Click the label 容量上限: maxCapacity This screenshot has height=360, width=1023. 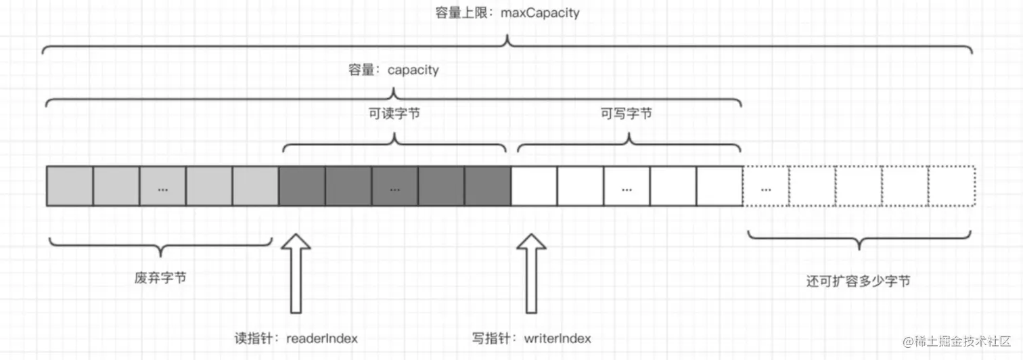(x=507, y=12)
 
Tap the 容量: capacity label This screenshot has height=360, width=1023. (x=393, y=70)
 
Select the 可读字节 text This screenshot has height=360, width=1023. (x=394, y=114)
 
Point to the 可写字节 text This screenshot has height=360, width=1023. (x=627, y=114)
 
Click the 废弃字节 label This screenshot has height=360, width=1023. (x=160, y=279)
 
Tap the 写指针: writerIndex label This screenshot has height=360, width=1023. (x=532, y=338)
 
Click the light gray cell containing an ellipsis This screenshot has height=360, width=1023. (x=162, y=185)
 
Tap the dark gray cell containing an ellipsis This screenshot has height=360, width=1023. (x=394, y=185)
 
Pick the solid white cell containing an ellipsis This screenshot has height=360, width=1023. (x=627, y=185)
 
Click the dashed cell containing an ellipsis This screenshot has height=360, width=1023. (x=766, y=185)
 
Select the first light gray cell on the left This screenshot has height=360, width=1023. (x=70, y=185)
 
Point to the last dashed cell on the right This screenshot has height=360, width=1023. (x=951, y=185)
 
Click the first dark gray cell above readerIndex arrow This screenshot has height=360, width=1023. (x=302, y=185)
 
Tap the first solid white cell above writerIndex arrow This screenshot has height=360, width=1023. (x=534, y=185)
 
